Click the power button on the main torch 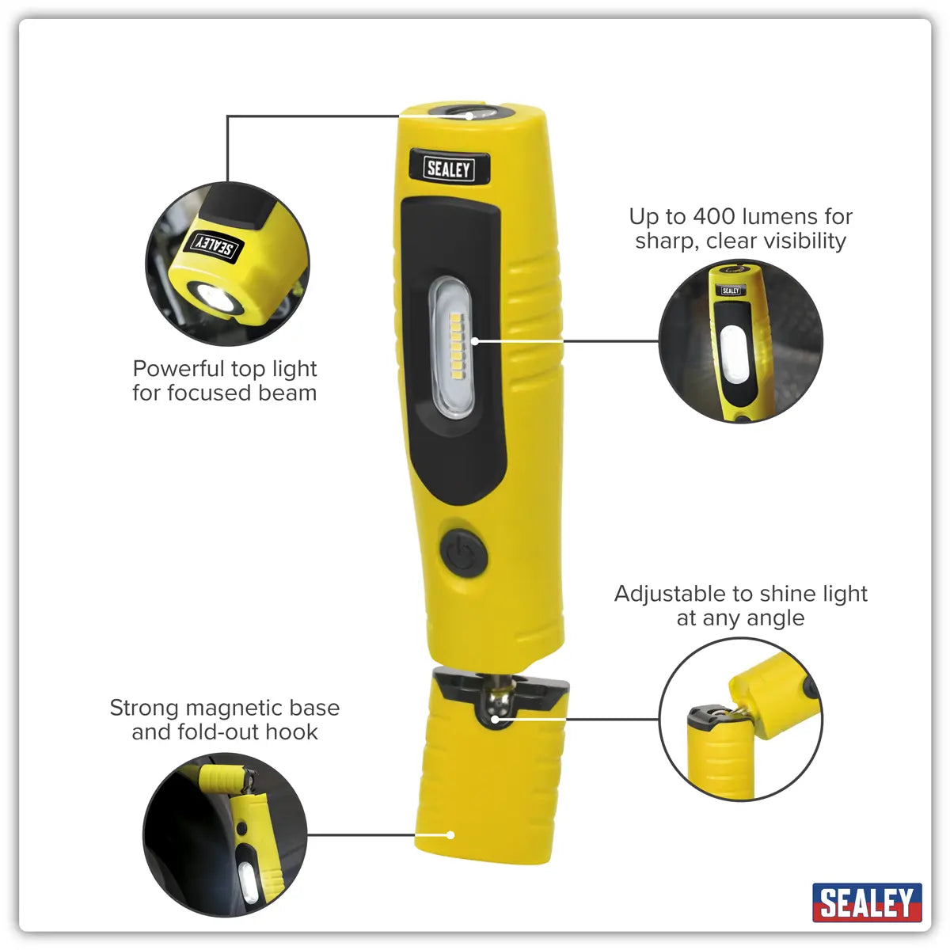click(x=462, y=552)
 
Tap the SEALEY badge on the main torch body click(x=449, y=168)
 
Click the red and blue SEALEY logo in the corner click(x=867, y=902)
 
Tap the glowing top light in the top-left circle click(x=215, y=298)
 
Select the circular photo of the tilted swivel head click(x=740, y=719)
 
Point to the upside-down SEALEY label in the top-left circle click(x=212, y=245)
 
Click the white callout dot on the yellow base click(x=450, y=834)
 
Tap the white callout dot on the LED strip click(x=475, y=341)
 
